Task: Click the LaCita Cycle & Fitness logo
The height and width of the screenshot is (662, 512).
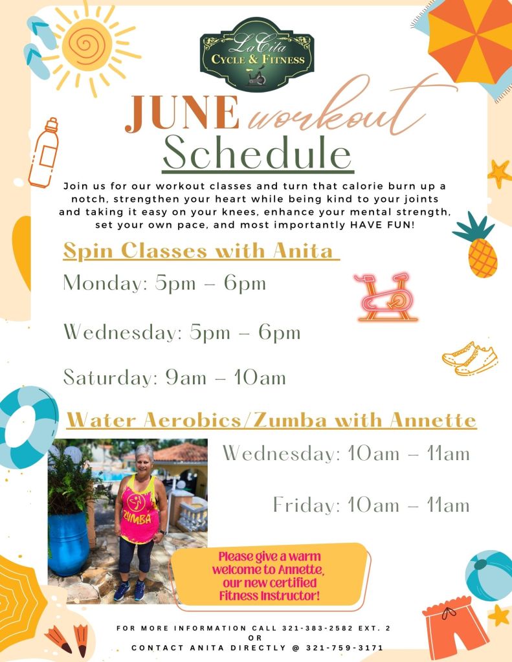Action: click(257, 54)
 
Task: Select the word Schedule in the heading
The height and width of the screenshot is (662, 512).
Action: click(257, 153)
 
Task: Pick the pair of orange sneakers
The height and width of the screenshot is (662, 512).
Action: click(470, 359)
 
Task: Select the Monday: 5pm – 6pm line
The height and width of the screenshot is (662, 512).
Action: click(164, 283)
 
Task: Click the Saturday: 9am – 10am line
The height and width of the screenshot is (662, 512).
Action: click(175, 377)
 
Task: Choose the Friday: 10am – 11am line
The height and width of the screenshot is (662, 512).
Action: click(372, 505)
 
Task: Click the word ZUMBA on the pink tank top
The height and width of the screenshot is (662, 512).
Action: click(137, 518)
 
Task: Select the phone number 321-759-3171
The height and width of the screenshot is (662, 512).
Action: click(345, 648)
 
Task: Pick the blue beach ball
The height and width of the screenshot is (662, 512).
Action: click(490, 575)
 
